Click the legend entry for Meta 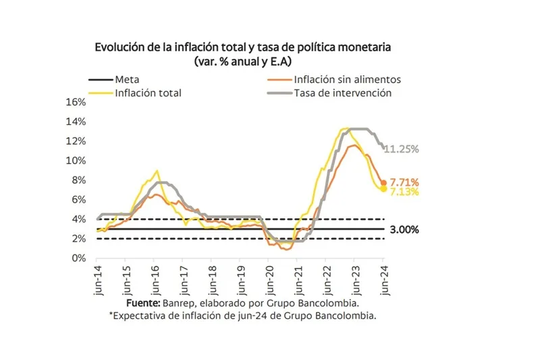click(x=128, y=80)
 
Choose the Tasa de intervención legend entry click(x=342, y=93)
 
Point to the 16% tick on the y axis click(x=76, y=102)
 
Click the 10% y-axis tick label click(x=76, y=161)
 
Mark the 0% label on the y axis click(x=79, y=258)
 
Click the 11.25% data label click(x=402, y=149)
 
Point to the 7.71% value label click(x=404, y=182)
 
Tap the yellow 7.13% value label click(x=404, y=192)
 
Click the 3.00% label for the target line click(x=404, y=230)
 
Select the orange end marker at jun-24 click(x=384, y=182)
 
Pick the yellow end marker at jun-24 click(x=384, y=189)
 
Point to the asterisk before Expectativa click(x=110, y=315)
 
